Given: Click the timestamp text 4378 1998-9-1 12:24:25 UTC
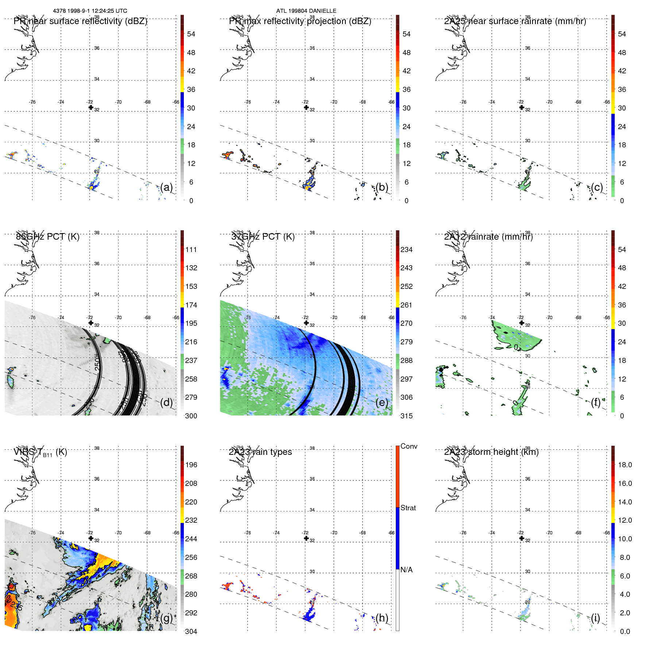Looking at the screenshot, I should tap(90, 11).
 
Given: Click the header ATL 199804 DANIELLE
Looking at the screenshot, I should tap(306, 11).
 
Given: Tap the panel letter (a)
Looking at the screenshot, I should tap(166, 187).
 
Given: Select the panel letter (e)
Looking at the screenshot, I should tap(382, 402).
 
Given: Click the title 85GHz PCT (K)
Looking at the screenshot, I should tap(47, 237).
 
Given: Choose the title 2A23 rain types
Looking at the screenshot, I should tap(260, 452).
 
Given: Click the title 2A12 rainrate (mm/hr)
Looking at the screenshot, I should tap(488, 237).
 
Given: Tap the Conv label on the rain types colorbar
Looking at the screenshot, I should tap(409, 446).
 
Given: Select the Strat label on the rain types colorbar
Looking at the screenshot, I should tap(408, 508).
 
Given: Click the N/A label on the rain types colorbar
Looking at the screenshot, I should tap(407, 570).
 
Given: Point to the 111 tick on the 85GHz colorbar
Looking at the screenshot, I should tap(191, 249).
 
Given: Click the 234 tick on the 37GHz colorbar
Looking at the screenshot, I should tap(406, 249).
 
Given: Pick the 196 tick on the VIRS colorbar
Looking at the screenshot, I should tap(191, 465).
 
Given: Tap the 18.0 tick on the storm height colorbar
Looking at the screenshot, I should tap(625, 465).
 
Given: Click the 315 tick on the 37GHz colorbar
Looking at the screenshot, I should tap(406, 416).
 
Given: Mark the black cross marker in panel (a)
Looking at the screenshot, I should tap(91, 107).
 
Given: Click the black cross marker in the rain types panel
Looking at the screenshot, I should tap(306, 538).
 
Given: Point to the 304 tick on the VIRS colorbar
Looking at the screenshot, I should tap(191, 631).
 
